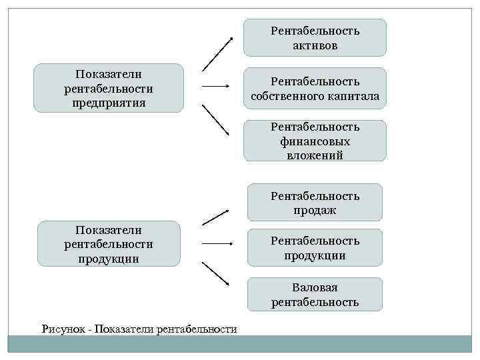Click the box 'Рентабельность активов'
[x=315, y=38]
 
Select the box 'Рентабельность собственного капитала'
[x=315, y=89]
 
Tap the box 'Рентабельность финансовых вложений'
[x=315, y=141]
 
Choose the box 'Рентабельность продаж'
[x=315, y=203]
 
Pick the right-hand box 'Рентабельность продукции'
[x=315, y=247]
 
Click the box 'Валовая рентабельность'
[x=315, y=295]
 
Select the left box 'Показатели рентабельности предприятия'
[x=109, y=88]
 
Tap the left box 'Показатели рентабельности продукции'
[x=109, y=244]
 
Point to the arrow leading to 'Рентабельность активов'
[x=217, y=54]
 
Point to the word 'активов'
[x=315, y=46]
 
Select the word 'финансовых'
[x=315, y=141]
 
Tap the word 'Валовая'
[x=315, y=287]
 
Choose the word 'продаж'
[x=315, y=211]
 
